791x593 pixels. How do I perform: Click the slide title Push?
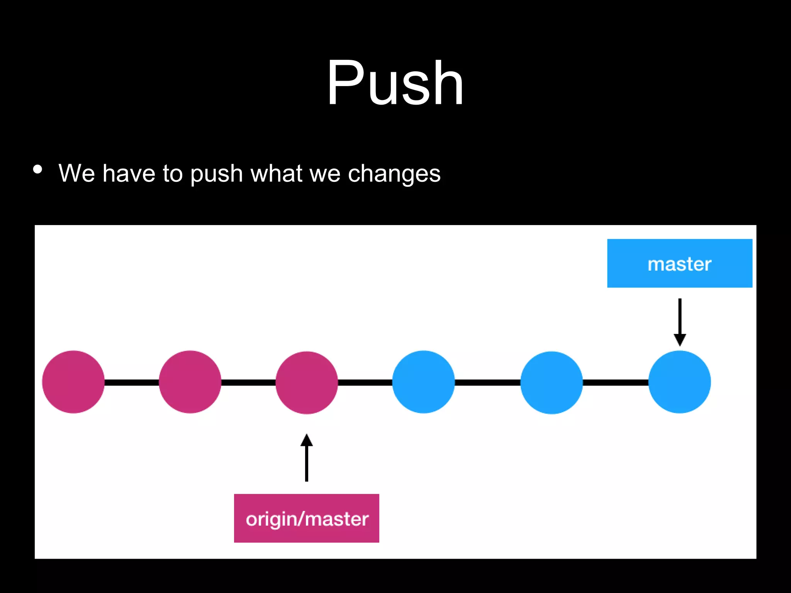coord(395,82)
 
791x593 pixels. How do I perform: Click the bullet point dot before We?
coord(37,169)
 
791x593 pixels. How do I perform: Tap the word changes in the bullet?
coord(394,173)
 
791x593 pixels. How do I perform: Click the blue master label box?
coord(679,263)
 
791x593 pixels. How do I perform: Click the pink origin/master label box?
coord(306,518)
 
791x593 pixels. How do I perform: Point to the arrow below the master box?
coord(680,322)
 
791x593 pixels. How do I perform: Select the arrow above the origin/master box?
coord(307,457)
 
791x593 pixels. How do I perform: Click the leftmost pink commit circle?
coord(73,382)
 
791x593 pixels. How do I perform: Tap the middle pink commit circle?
coord(190,382)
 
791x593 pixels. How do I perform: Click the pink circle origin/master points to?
coord(307,383)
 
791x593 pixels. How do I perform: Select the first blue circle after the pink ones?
coord(423,382)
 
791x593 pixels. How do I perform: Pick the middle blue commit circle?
coord(552,383)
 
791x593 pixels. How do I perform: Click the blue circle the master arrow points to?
coord(679,382)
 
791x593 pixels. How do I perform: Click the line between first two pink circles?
coord(132,382)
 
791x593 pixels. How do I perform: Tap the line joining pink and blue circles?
coord(365,382)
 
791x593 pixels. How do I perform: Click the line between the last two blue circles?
coord(615,382)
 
